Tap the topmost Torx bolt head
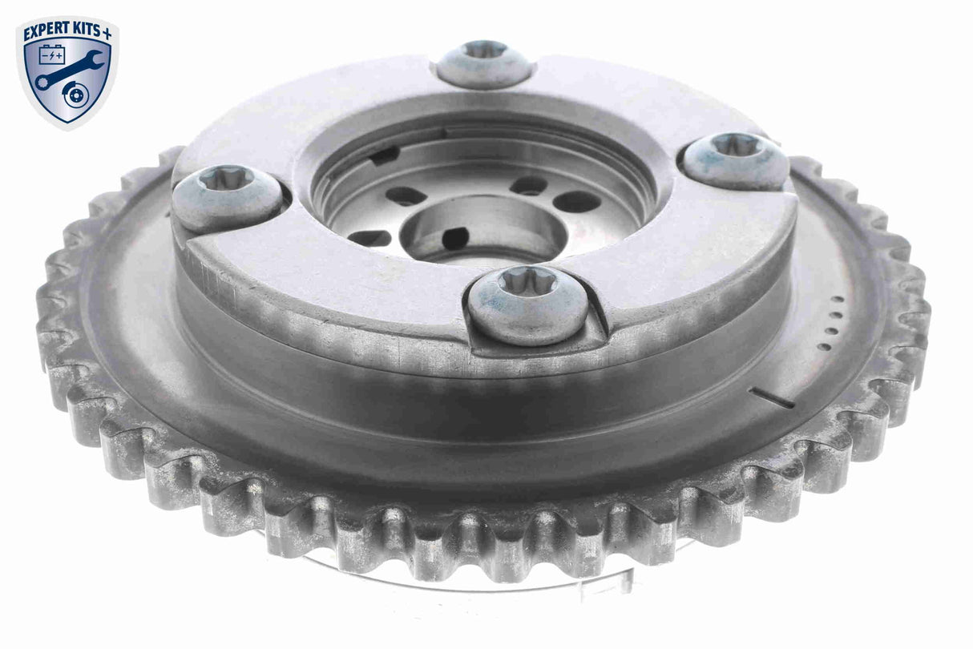[484, 62]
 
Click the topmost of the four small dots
[839, 299]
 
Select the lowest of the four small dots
[823, 347]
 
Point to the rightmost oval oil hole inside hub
[578, 201]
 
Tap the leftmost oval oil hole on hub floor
[369, 237]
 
